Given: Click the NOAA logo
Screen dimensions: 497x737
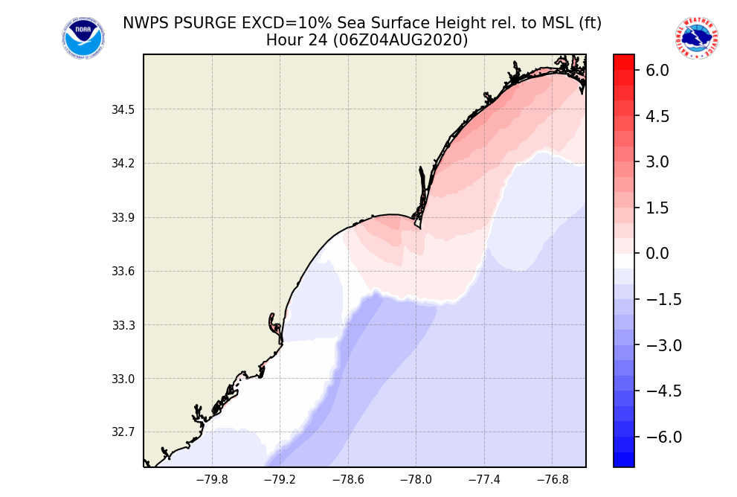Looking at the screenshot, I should pyautogui.click(x=83, y=39).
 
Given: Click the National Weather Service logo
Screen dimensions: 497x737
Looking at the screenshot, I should pyautogui.click(x=696, y=39).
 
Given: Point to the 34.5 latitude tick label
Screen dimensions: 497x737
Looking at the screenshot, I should pyautogui.click(x=123, y=110).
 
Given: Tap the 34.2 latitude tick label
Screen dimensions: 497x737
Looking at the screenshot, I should pyautogui.click(x=123, y=164).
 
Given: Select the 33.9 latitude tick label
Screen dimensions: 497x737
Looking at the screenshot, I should pyautogui.click(x=123, y=218).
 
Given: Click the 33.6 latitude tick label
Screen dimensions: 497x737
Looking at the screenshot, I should pyautogui.click(x=123, y=272).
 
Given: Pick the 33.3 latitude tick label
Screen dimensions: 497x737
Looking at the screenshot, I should pyautogui.click(x=123, y=325).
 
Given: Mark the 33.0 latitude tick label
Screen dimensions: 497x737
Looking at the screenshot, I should pyautogui.click(x=123, y=379).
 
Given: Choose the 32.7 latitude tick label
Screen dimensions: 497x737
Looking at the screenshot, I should pyautogui.click(x=123, y=432).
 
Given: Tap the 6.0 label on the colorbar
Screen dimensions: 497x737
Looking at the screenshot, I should pyautogui.click(x=657, y=71).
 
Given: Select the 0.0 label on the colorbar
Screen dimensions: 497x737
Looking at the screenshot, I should pyautogui.click(x=657, y=254).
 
